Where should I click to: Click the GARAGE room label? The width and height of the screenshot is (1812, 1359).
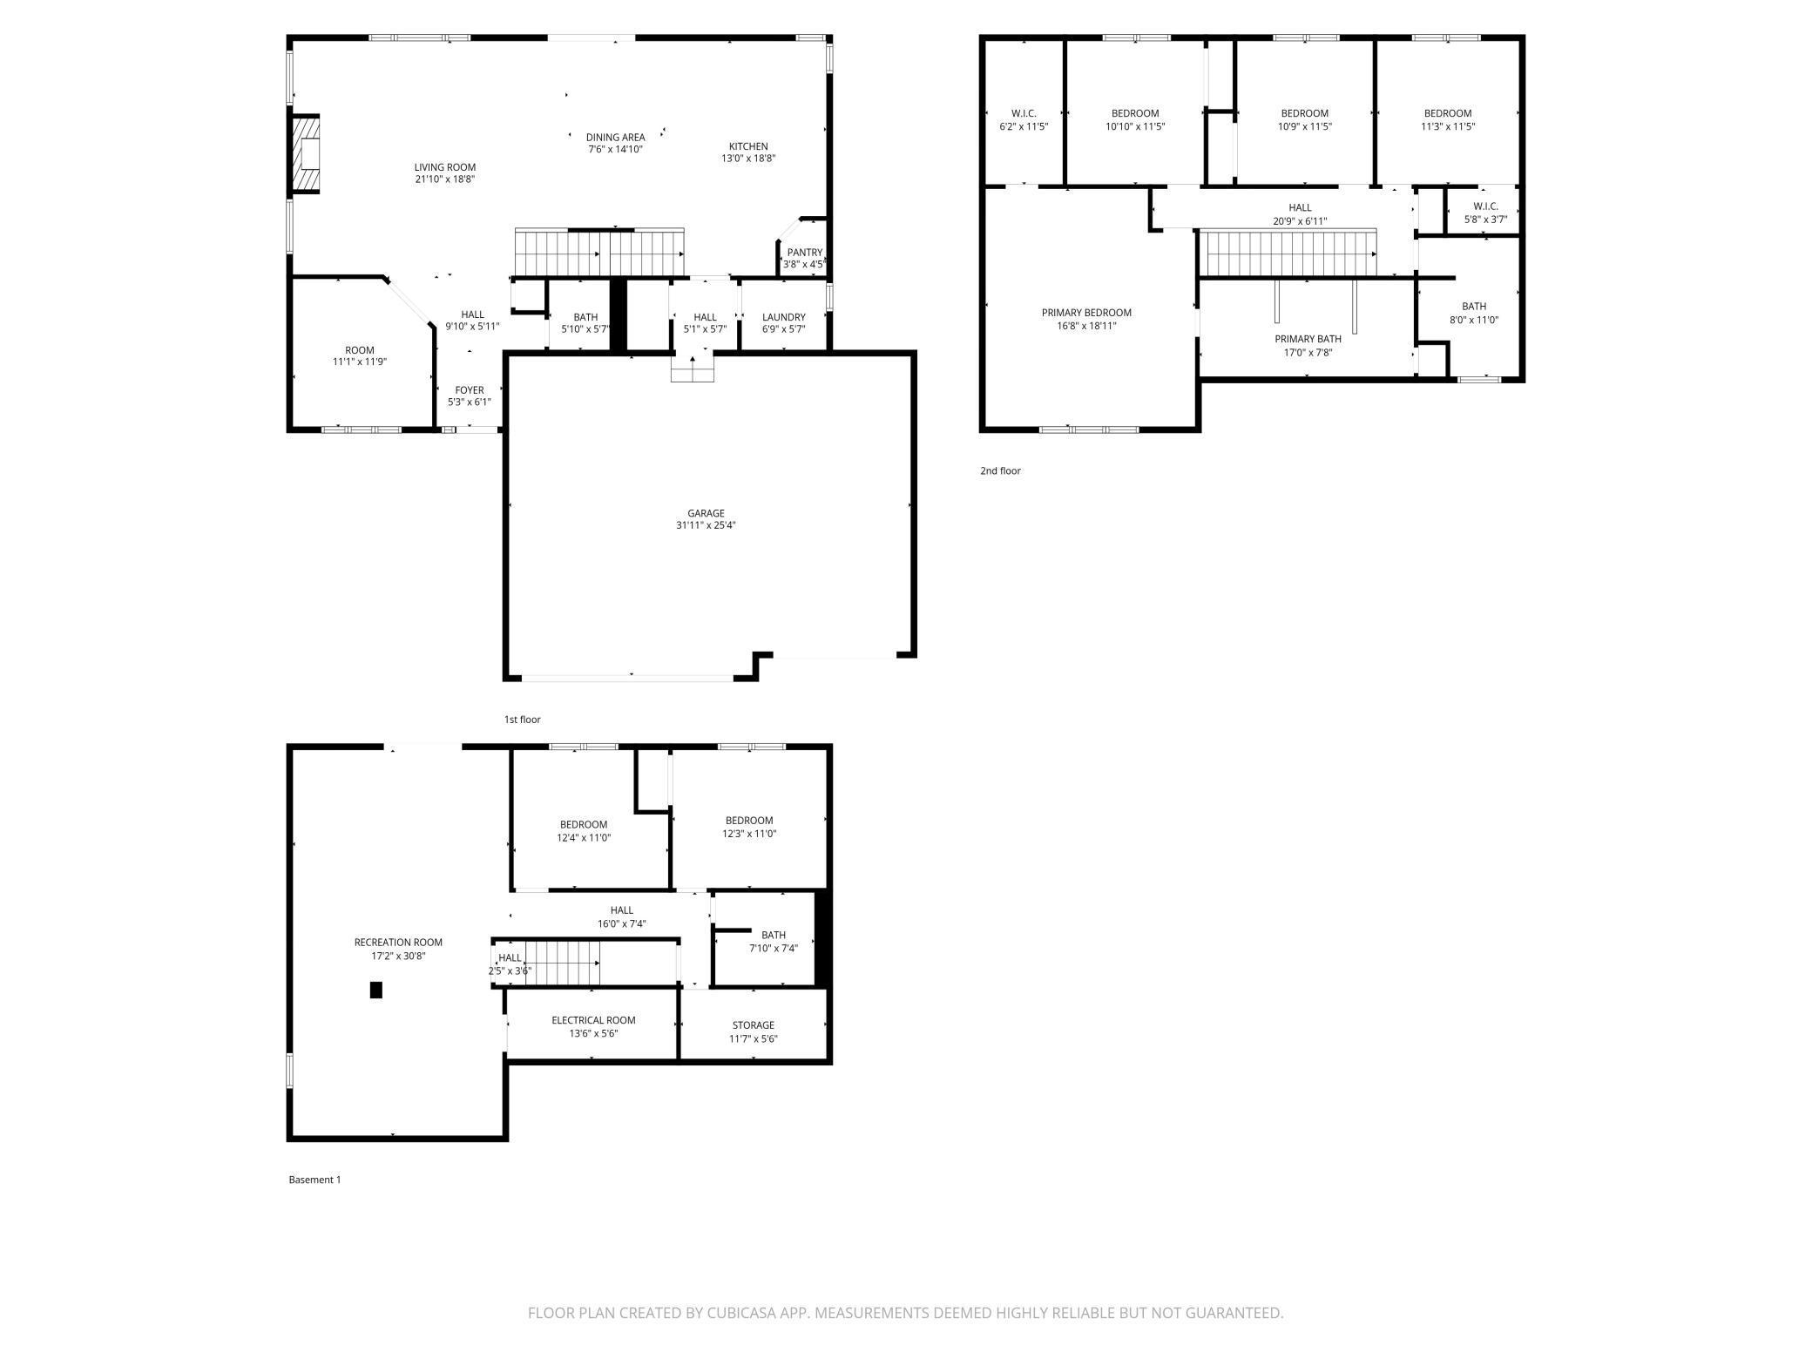[x=706, y=513]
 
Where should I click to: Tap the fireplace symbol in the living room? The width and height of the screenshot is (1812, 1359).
[x=306, y=153]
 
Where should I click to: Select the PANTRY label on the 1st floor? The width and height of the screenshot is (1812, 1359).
[x=804, y=253]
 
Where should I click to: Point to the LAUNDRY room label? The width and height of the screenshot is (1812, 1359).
[x=784, y=317]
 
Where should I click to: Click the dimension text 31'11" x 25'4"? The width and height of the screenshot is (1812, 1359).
[x=706, y=525]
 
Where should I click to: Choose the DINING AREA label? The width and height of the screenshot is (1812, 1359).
[x=616, y=137]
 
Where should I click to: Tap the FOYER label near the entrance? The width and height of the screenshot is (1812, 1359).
[x=470, y=390]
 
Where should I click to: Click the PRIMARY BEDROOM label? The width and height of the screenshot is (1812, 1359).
[x=1086, y=313]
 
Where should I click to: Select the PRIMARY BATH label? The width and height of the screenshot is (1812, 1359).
[x=1308, y=339]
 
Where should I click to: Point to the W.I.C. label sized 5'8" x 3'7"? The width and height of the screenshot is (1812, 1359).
[x=1485, y=206]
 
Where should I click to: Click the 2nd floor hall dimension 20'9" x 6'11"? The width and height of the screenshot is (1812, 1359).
[x=1300, y=221]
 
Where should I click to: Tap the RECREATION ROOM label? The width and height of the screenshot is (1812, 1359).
[x=398, y=942]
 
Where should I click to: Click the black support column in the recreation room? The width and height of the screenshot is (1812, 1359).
[x=376, y=990]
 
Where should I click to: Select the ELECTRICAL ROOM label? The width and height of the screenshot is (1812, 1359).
[x=593, y=1020]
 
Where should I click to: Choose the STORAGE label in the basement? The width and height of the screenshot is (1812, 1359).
[x=753, y=1025]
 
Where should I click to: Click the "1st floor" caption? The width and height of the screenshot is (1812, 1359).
[x=523, y=720]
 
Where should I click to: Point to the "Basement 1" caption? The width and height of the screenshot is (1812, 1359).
[x=314, y=1180]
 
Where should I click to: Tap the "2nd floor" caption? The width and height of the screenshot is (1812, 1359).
[x=1000, y=471]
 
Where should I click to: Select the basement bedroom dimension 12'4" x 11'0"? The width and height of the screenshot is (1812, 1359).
[x=584, y=838]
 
